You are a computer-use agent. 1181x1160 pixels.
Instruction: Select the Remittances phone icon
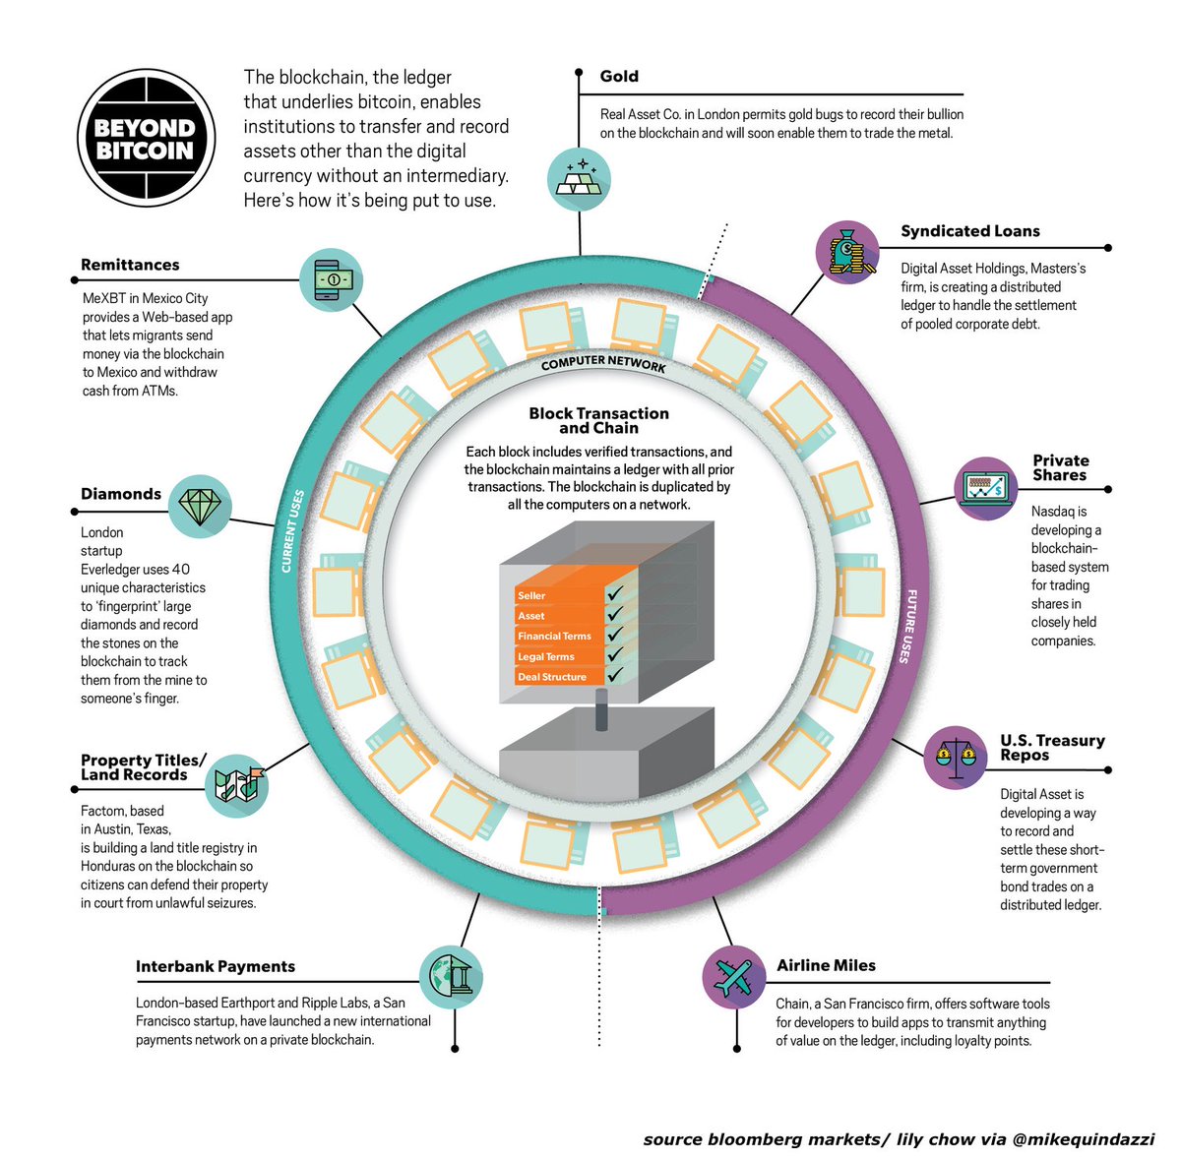(333, 279)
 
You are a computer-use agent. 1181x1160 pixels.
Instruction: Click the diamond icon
(201, 507)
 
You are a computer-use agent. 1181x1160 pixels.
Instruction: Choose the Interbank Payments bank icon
(452, 977)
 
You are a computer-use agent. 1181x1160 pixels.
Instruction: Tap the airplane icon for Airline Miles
(734, 977)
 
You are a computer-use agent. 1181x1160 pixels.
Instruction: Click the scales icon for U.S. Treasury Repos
(956, 756)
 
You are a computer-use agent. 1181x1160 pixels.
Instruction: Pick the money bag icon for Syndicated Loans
(847, 253)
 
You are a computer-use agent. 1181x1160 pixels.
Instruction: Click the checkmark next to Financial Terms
(615, 636)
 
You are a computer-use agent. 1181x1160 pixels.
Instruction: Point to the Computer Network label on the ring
(603, 365)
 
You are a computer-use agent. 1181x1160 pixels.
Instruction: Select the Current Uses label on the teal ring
(292, 531)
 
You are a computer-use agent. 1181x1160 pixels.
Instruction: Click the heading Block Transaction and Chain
(598, 421)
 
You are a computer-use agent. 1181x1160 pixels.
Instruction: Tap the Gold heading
(619, 76)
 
